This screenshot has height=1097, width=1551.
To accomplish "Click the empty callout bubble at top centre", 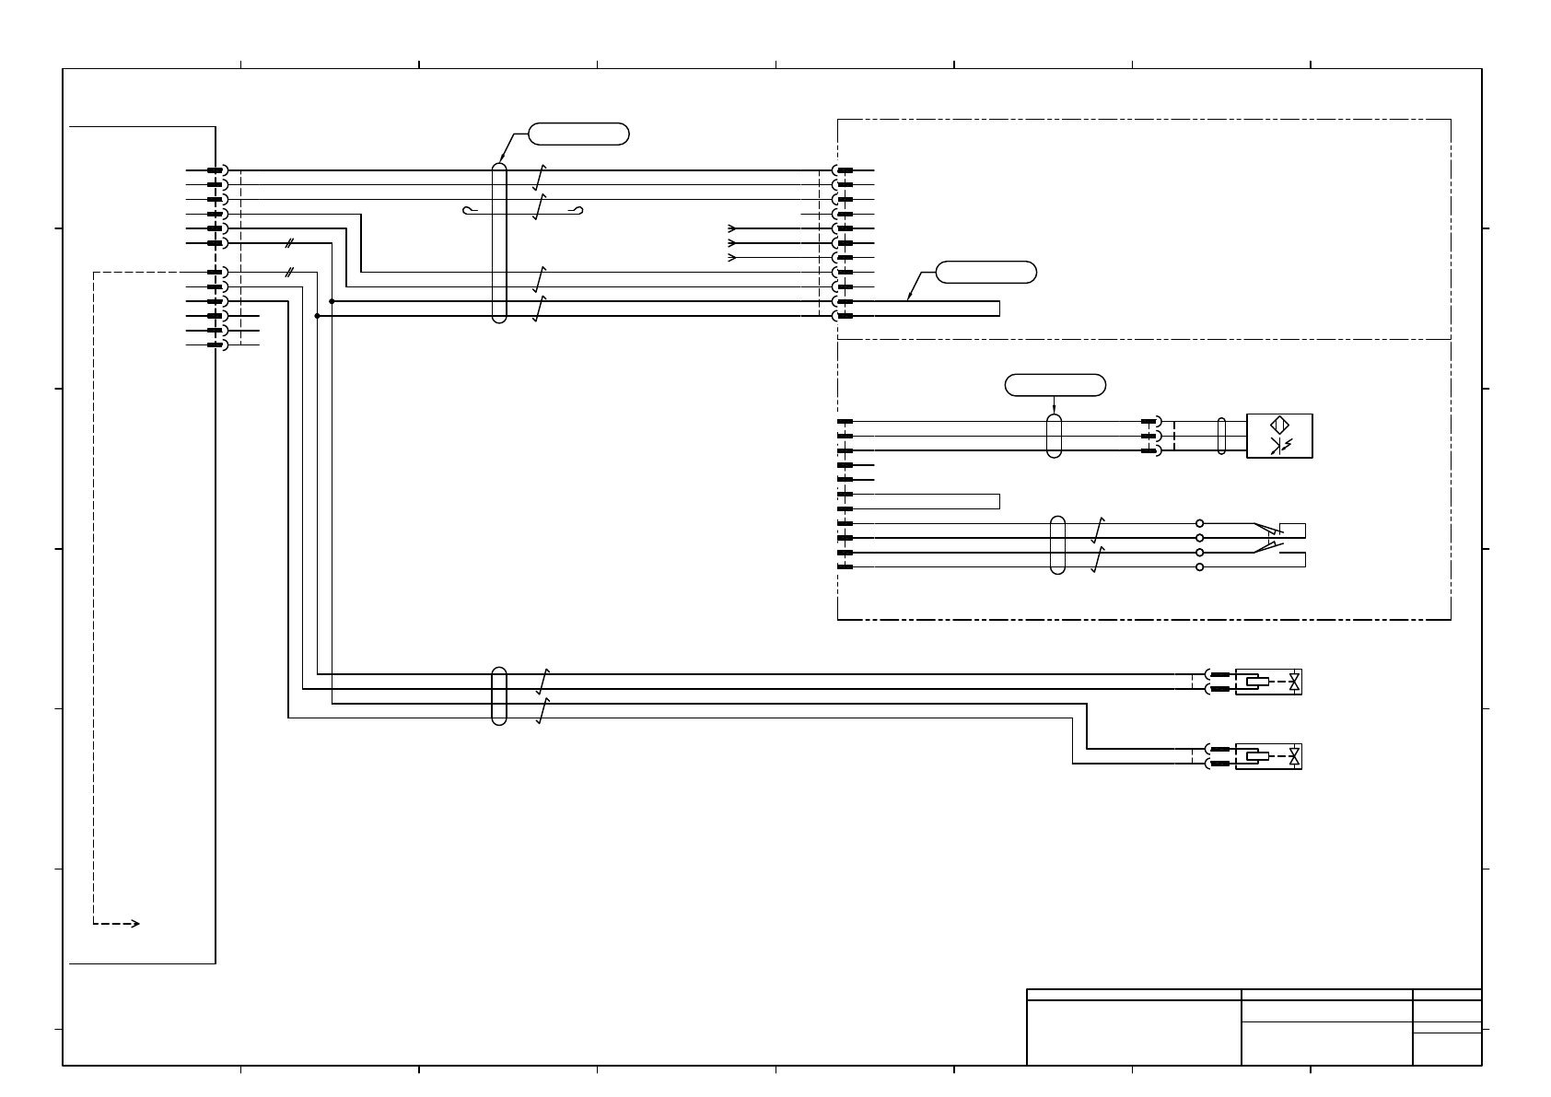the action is click(579, 134).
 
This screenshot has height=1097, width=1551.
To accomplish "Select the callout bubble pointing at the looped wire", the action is click(985, 272).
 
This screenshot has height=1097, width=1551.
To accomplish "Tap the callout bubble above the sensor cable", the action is click(1055, 385).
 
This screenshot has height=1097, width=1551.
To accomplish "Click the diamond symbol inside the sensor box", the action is click(1279, 426).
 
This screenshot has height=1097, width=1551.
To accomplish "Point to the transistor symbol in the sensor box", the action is click(1279, 447).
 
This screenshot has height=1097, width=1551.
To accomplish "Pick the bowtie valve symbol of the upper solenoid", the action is click(1295, 682).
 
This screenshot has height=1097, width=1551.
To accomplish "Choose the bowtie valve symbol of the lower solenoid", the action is click(1295, 757).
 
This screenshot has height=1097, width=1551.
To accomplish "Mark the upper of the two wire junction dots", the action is click(332, 301).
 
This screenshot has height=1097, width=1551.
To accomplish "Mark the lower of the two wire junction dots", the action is click(317, 316).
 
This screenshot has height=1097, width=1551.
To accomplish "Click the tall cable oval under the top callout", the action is click(499, 243).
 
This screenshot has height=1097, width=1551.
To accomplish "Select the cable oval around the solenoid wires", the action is click(499, 695).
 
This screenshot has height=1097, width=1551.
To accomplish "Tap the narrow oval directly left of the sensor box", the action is click(1221, 436).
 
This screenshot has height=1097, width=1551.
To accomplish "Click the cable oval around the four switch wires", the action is click(1057, 545).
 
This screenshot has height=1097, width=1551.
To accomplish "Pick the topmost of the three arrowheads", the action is click(732, 228).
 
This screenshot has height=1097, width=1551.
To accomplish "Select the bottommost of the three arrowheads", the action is click(732, 258).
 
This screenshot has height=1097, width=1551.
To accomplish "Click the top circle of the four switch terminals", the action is click(1199, 523).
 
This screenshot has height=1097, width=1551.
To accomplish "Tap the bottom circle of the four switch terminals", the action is click(1199, 567).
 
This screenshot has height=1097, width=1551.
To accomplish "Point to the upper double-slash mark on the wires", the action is click(289, 243).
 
